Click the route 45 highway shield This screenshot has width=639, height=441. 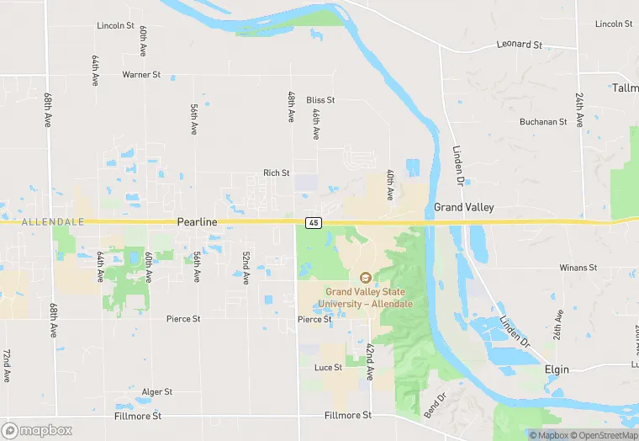click(313, 222)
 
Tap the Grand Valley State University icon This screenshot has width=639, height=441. click(365, 277)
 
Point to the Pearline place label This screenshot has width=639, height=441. click(197, 221)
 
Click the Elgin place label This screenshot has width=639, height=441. click(557, 369)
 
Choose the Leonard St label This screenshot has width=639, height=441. click(519, 44)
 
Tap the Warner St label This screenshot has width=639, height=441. click(141, 75)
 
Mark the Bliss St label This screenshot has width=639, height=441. click(320, 100)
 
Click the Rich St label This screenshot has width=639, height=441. click(276, 173)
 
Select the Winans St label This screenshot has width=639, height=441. click(578, 268)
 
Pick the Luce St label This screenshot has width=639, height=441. click(328, 368)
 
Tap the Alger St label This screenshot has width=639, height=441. click(156, 392)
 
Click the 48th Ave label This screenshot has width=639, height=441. click(291, 104)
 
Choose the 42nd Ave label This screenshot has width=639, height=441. click(369, 361)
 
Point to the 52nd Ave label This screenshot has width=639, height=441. click(246, 268)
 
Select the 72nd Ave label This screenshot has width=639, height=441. click(6, 364)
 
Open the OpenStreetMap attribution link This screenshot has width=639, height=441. click(602, 435)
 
